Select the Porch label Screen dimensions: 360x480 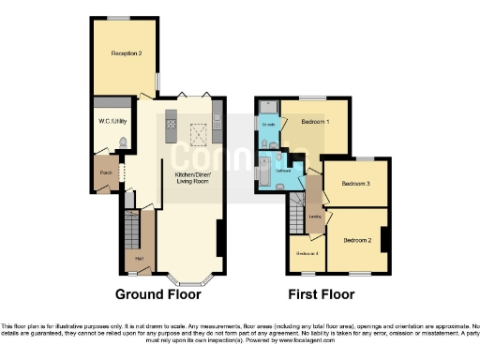click(103, 172)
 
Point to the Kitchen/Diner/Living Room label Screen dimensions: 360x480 click(192, 177)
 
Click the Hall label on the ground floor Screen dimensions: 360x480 click(139, 258)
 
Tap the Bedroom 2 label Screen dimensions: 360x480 click(358, 241)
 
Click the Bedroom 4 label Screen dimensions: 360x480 click(307, 254)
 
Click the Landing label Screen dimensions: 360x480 click(316, 217)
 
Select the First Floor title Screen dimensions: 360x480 click(322, 294)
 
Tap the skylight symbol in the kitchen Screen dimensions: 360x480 click(199, 130)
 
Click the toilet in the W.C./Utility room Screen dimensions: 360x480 click(123, 142)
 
